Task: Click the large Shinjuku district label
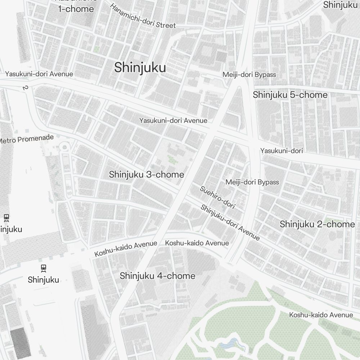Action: click(x=140, y=67)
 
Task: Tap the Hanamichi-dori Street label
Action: click(x=143, y=16)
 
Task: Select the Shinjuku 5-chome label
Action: click(x=290, y=95)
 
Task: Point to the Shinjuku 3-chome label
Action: click(x=147, y=175)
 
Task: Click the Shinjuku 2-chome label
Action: click(x=317, y=224)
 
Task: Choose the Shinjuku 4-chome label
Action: click(x=157, y=276)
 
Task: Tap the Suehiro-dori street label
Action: click(x=217, y=197)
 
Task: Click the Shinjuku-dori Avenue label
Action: click(x=230, y=222)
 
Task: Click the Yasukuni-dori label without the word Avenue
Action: click(x=282, y=150)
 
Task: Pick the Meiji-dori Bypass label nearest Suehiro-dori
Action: click(x=252, y=182)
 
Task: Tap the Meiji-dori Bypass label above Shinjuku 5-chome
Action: click(x=249, y=75)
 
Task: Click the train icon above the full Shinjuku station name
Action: click(x=43, y=268)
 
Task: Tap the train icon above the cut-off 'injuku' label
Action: click(x=6, y=217)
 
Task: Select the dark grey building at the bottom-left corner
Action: click(x=20, y=343)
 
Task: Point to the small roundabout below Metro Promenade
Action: click(x=65, y=147)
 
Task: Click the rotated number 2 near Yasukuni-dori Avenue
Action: click(x=25, y=88)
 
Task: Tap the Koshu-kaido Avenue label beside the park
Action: click(x=321, y=315)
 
